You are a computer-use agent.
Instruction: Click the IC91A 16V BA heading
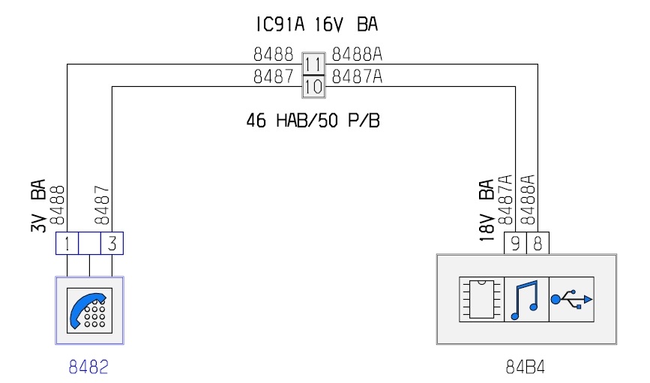pyautogui.click(x=317, y=24)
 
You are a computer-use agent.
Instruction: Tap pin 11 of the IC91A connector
pyautogui.click(x=313, y=64)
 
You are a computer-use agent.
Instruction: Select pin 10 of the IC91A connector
pyautogui.click(x=313, y=87)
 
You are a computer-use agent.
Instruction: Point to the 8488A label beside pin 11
pyautogui.click(x=357, y=54)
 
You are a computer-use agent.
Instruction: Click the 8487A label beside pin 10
pyautogui.click(x=357, y=76)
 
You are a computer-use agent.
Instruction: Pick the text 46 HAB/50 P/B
pyautogui.click(x=313, y=121)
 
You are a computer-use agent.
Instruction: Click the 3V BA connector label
pyautogui.click(x=38, y=205)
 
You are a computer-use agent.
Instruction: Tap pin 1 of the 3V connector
pyautogui.click(x=67, y=244)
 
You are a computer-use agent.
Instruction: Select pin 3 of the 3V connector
pyautogui.click(x=112, y=244)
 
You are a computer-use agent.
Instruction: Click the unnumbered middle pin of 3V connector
pyautogui.click(x=89, y=244)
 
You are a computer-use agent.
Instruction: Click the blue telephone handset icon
pyautogui.click(x=87, y=310)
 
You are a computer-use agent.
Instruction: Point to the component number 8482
pyautogui.click(x=88, y=367)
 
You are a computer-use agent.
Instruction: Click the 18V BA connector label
pyautogui.click(x=487, y=211)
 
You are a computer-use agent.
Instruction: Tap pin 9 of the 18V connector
pyautogui.click(x=515, y=244)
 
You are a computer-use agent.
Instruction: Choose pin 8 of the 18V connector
pyautogui.click(x=538, y=244)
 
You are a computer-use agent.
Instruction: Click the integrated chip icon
pyautogui.click(x=481, y=299)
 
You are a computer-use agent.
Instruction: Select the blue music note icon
pyautogui.click(x=525, y=300)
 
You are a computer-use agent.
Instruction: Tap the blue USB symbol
pyautogui.click(x=571, y=299)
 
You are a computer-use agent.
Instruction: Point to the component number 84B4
pyautogui.click(x=526, y=367)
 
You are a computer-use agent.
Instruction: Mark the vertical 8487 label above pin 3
pyautogui.click(x=101, y=205)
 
